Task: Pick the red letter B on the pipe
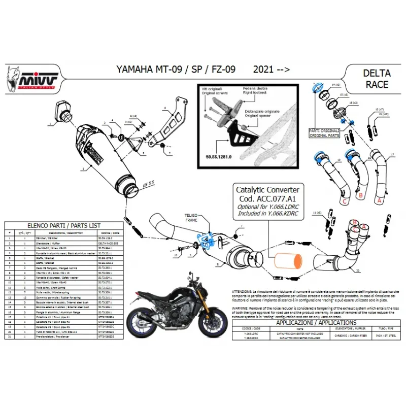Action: [x=360, y=194]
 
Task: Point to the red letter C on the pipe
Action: [x=344, y=201]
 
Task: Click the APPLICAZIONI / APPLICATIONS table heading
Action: [x=315, y=322]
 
